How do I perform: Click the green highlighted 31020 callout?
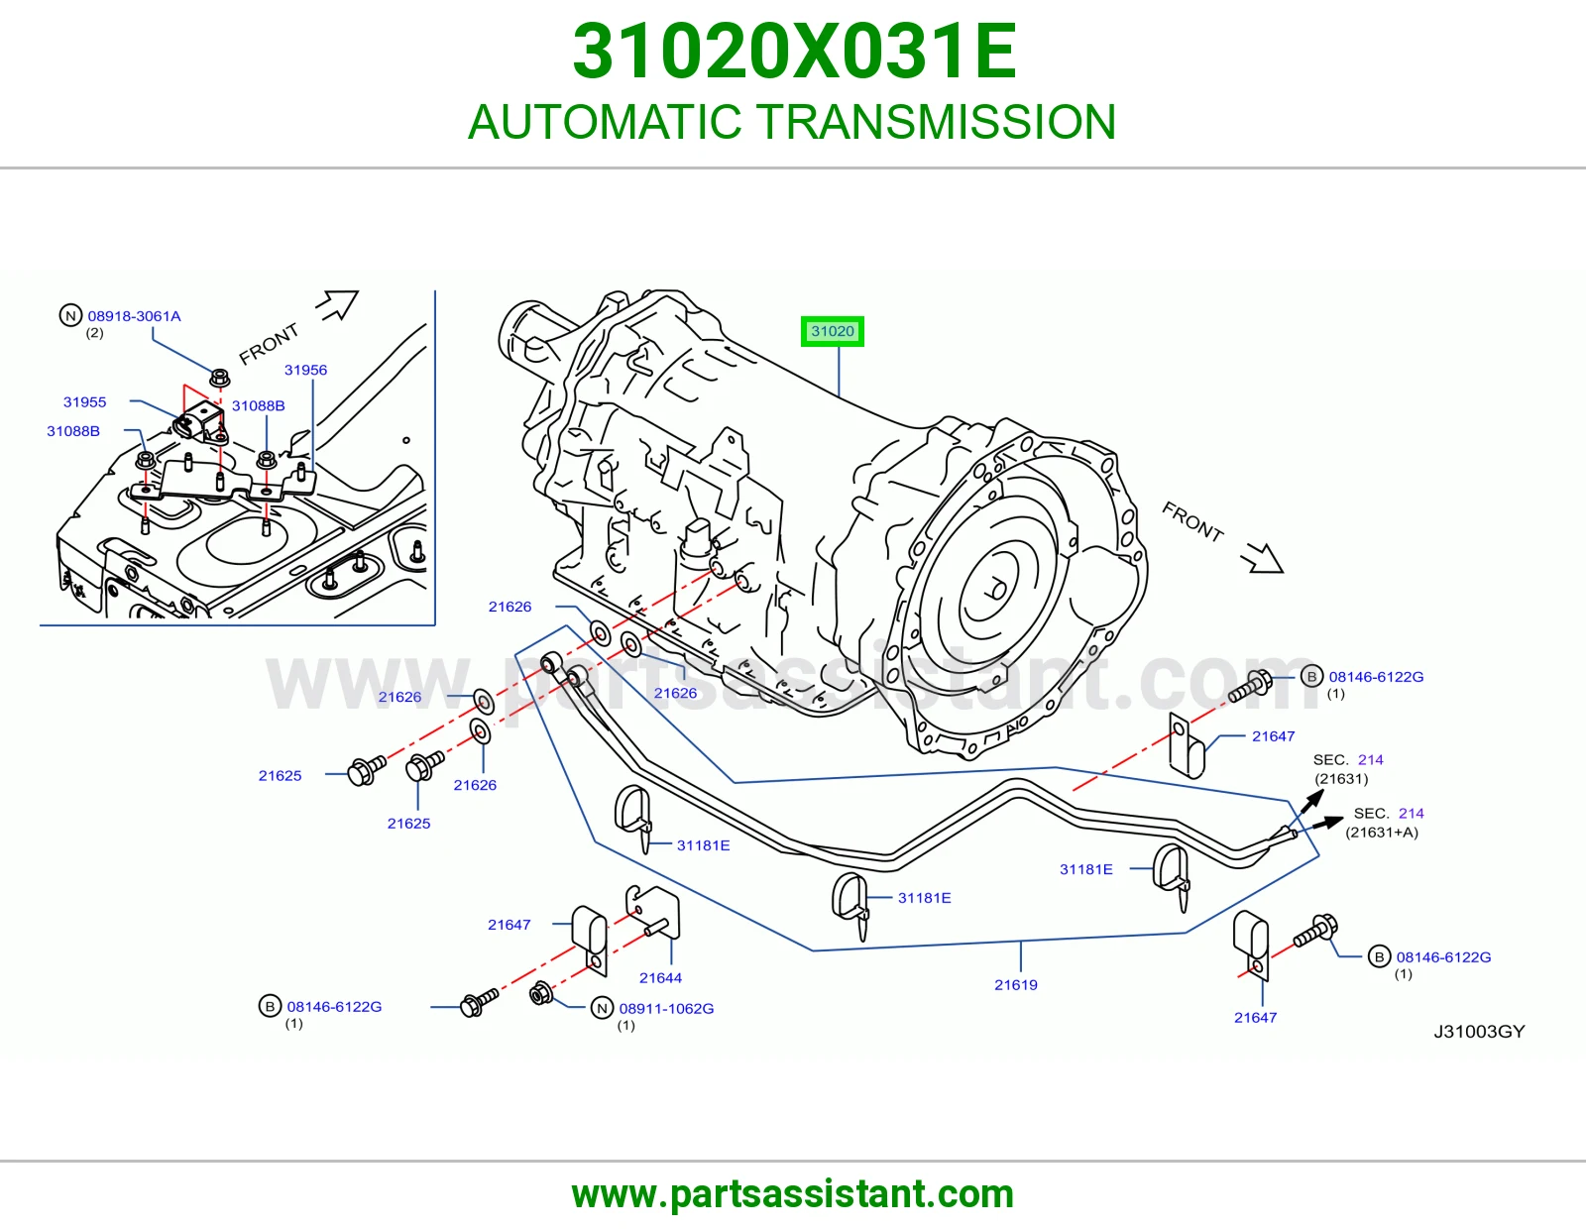[832, 331]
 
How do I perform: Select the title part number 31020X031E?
[794, 52]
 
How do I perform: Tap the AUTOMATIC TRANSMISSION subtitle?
[792, 122]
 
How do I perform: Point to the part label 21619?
[1015, 984]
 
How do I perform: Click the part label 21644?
[660, 978]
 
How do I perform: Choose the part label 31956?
[305, 370]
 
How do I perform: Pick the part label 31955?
[84, 402]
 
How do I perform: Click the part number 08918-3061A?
[134, 316]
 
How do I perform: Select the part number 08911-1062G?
[666, 1009]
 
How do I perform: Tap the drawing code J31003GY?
[1479, 1031]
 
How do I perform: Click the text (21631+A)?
[1382, 833]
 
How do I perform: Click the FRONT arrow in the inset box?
[337, 304]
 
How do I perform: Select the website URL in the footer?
[793, 1194]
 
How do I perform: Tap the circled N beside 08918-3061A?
[70, 316]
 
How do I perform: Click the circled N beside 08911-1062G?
[602, 1009]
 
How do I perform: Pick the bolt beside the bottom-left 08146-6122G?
[479, 1002]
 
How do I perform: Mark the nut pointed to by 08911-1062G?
[541, 992]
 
